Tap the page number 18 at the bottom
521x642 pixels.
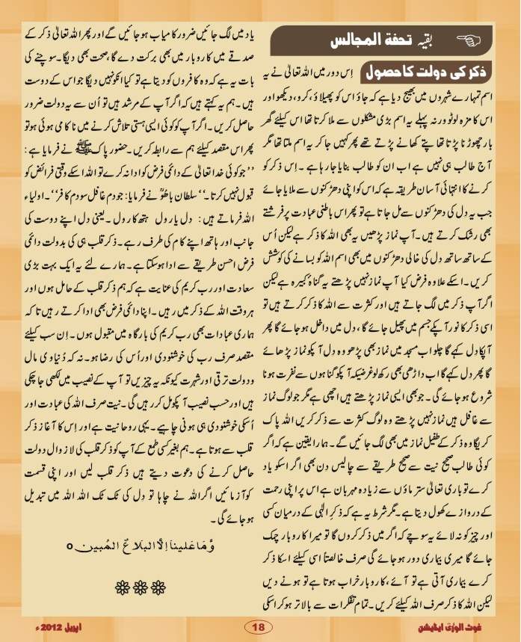pos(258,626)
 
